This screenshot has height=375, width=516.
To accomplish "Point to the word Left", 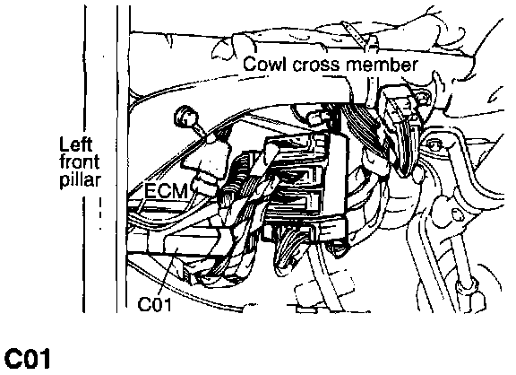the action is [x=75, y=144].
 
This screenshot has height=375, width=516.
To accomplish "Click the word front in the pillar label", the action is [x=80, y=162].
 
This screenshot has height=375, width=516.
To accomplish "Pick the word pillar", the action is [x=81, y=180].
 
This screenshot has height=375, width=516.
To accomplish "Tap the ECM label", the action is [x=167, y=191].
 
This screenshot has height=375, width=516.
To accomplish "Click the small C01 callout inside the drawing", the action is [x=155, y=304].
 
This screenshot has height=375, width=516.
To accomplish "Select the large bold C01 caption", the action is [x=27, y=359].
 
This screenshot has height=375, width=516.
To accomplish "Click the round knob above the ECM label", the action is [x=186, y=117].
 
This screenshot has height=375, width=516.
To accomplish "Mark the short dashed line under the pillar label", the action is [x=100, y=214].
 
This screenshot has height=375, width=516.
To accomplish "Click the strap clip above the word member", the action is [x=355, y=36].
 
